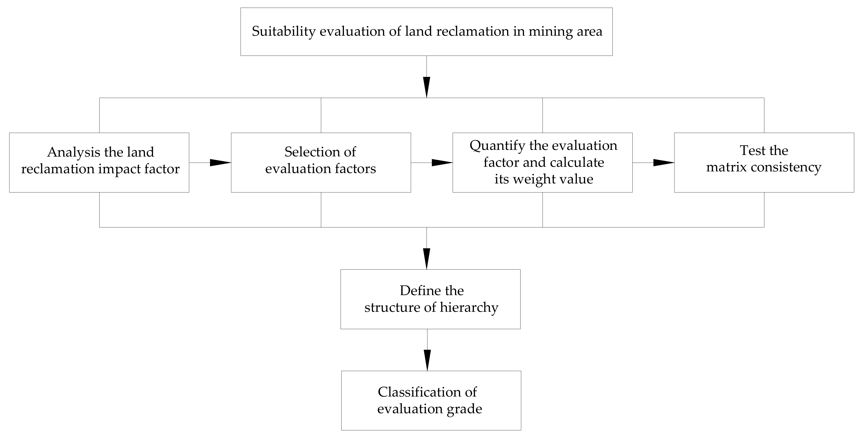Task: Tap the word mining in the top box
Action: [550, 31]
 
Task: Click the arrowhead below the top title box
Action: [427, 87]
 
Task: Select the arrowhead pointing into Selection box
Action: [220, 163]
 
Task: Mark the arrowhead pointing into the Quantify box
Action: [442, 163]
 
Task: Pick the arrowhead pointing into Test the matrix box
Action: [663, 163]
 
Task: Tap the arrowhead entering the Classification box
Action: [427, 360]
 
